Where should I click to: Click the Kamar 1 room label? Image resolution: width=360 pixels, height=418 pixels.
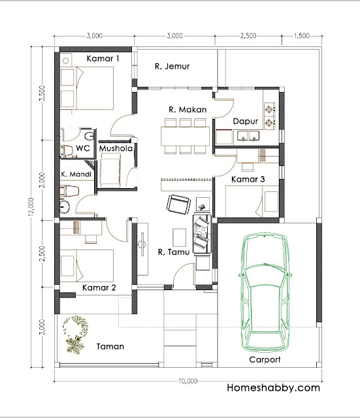tap(103, 58)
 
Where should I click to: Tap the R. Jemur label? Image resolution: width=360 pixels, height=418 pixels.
tap(172, 66)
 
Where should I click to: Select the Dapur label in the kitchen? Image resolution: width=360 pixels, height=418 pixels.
tap(245, 121)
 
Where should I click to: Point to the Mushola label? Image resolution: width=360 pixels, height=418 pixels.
tap(116, 148)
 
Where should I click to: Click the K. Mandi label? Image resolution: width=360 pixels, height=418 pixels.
tap(76, 174)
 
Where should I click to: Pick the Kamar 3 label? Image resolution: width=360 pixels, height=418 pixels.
tap(248, 179)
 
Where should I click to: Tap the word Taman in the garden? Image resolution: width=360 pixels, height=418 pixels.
tap(110, 346)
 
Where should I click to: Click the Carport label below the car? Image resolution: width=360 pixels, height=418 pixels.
tap(265, 360)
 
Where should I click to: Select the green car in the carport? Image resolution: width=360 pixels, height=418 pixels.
tap(265, 292)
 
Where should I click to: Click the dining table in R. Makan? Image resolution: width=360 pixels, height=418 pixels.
tap(185, 136)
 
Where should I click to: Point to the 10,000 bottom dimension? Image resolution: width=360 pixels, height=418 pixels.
tap(188, 381)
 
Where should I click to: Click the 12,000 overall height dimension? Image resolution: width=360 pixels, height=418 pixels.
tap(31, 206)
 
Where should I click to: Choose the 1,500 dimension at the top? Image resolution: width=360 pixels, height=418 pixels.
tap(302, 35)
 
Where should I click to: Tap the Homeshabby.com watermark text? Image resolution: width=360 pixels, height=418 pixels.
tap(273, 387)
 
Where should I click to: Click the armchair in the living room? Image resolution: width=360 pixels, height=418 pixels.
tap(178, 204)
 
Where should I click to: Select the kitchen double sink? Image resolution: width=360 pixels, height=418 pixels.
tap(248, 136)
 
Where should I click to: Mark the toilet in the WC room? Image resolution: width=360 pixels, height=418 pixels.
tap(67, 151)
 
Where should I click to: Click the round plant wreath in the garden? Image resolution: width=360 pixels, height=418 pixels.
tap(76, 326)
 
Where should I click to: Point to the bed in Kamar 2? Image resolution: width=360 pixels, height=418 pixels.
tap(87, 266)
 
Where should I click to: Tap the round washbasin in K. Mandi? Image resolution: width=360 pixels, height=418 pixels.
tap(65, 207)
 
